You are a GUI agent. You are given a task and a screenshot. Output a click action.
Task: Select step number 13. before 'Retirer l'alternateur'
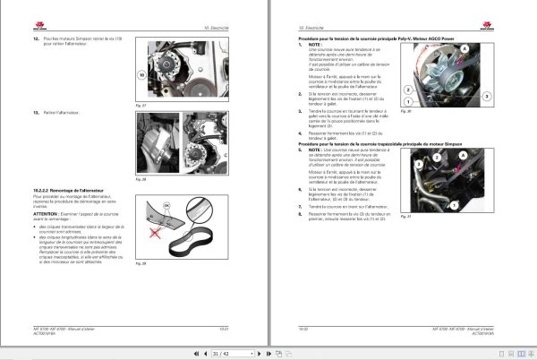[36, 112]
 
